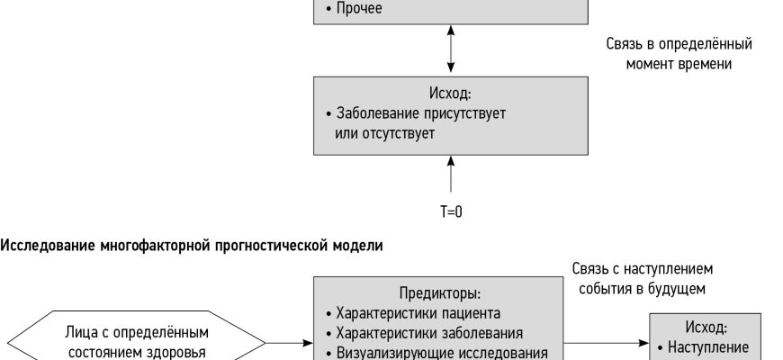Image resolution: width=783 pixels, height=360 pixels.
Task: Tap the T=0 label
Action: click(x=450, y=212)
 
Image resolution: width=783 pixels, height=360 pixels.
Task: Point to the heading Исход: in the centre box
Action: click(x=450, y=93)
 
